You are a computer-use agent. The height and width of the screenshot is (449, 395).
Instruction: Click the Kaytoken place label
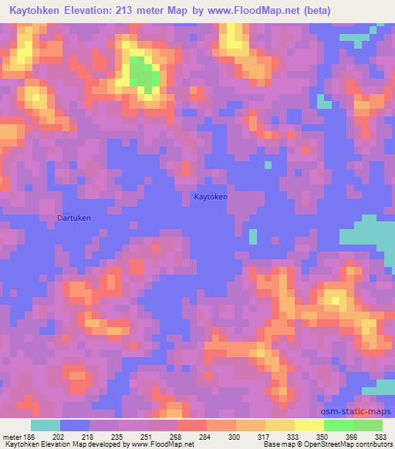[210, 197]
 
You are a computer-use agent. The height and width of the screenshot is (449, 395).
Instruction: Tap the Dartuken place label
[74, 218]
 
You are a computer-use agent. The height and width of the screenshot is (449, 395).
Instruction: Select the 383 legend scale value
[380, 436]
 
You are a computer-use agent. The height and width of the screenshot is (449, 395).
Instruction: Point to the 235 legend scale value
[116, 436]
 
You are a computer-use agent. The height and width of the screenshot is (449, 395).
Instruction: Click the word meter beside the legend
[11, 436]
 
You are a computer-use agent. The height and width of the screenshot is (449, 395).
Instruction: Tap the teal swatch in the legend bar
[46, 425]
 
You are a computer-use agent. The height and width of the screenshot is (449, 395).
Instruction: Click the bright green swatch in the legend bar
[339, 425]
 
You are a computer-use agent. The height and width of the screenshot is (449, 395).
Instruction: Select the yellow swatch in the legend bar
[309, 425]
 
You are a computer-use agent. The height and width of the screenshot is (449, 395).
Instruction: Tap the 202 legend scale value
[59, 436]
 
